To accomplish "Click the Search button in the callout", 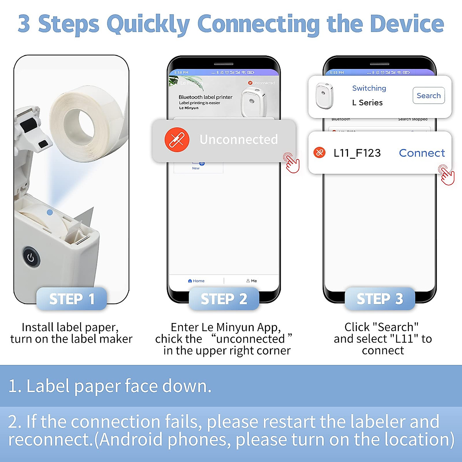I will tap(429, 95).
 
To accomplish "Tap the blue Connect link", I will tap(422, 153).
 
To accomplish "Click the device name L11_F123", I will tap(357, 153).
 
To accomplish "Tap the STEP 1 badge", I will tap(72, 299).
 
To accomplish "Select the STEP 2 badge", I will tap(224, 299).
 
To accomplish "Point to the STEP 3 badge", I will tap(380, 299).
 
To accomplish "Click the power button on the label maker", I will tap(31, 258).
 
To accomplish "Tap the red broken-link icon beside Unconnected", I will tap(177, 139).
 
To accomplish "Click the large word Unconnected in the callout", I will tap(238, 139).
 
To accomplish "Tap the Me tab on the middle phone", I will tap(252, 281).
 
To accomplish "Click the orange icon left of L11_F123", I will tap(319, 153).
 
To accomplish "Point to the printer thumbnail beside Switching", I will tap(324, 95).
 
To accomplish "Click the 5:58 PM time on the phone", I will tap(181, 72).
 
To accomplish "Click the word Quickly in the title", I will tap(148, 24).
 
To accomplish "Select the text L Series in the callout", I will tap(367, 103).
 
